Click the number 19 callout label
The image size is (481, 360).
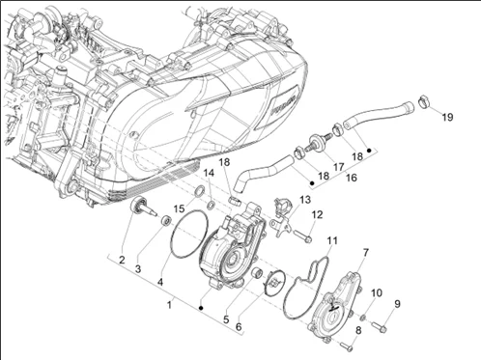point(447,117)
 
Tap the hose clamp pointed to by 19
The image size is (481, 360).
point(424,101)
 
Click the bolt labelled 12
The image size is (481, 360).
point(303,236)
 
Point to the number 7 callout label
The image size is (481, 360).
point(365,253)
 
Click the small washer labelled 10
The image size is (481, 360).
point(363,318)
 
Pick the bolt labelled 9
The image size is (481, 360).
point(380,326)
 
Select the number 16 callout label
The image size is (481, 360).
point(352,178)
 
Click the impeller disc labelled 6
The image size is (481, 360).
point(273,282)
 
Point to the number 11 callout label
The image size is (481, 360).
point(332,240)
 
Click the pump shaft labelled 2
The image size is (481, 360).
point(143,207)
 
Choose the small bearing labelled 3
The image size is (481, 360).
point(166,220)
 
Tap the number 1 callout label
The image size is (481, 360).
point(170,304)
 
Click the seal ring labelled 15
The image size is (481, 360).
point(199,191)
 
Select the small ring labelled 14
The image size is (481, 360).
point(212,205)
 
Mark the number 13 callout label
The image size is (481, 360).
point(305,200)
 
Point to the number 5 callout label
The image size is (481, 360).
point(226,319)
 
